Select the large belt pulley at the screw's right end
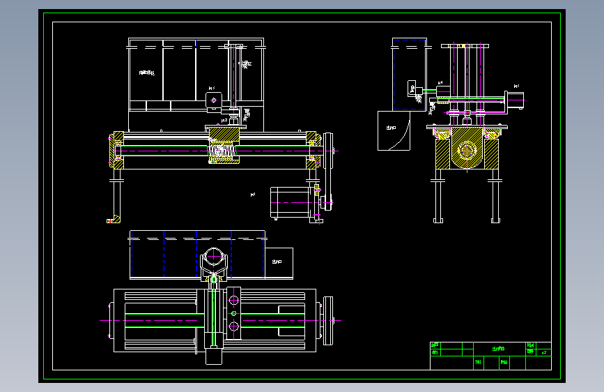327,150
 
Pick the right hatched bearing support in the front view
313,149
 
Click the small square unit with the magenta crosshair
213,101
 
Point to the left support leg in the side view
438,199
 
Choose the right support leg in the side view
496,199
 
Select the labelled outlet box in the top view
278,263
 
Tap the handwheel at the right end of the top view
328,321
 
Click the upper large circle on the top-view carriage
233,301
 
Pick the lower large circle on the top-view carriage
233,326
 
